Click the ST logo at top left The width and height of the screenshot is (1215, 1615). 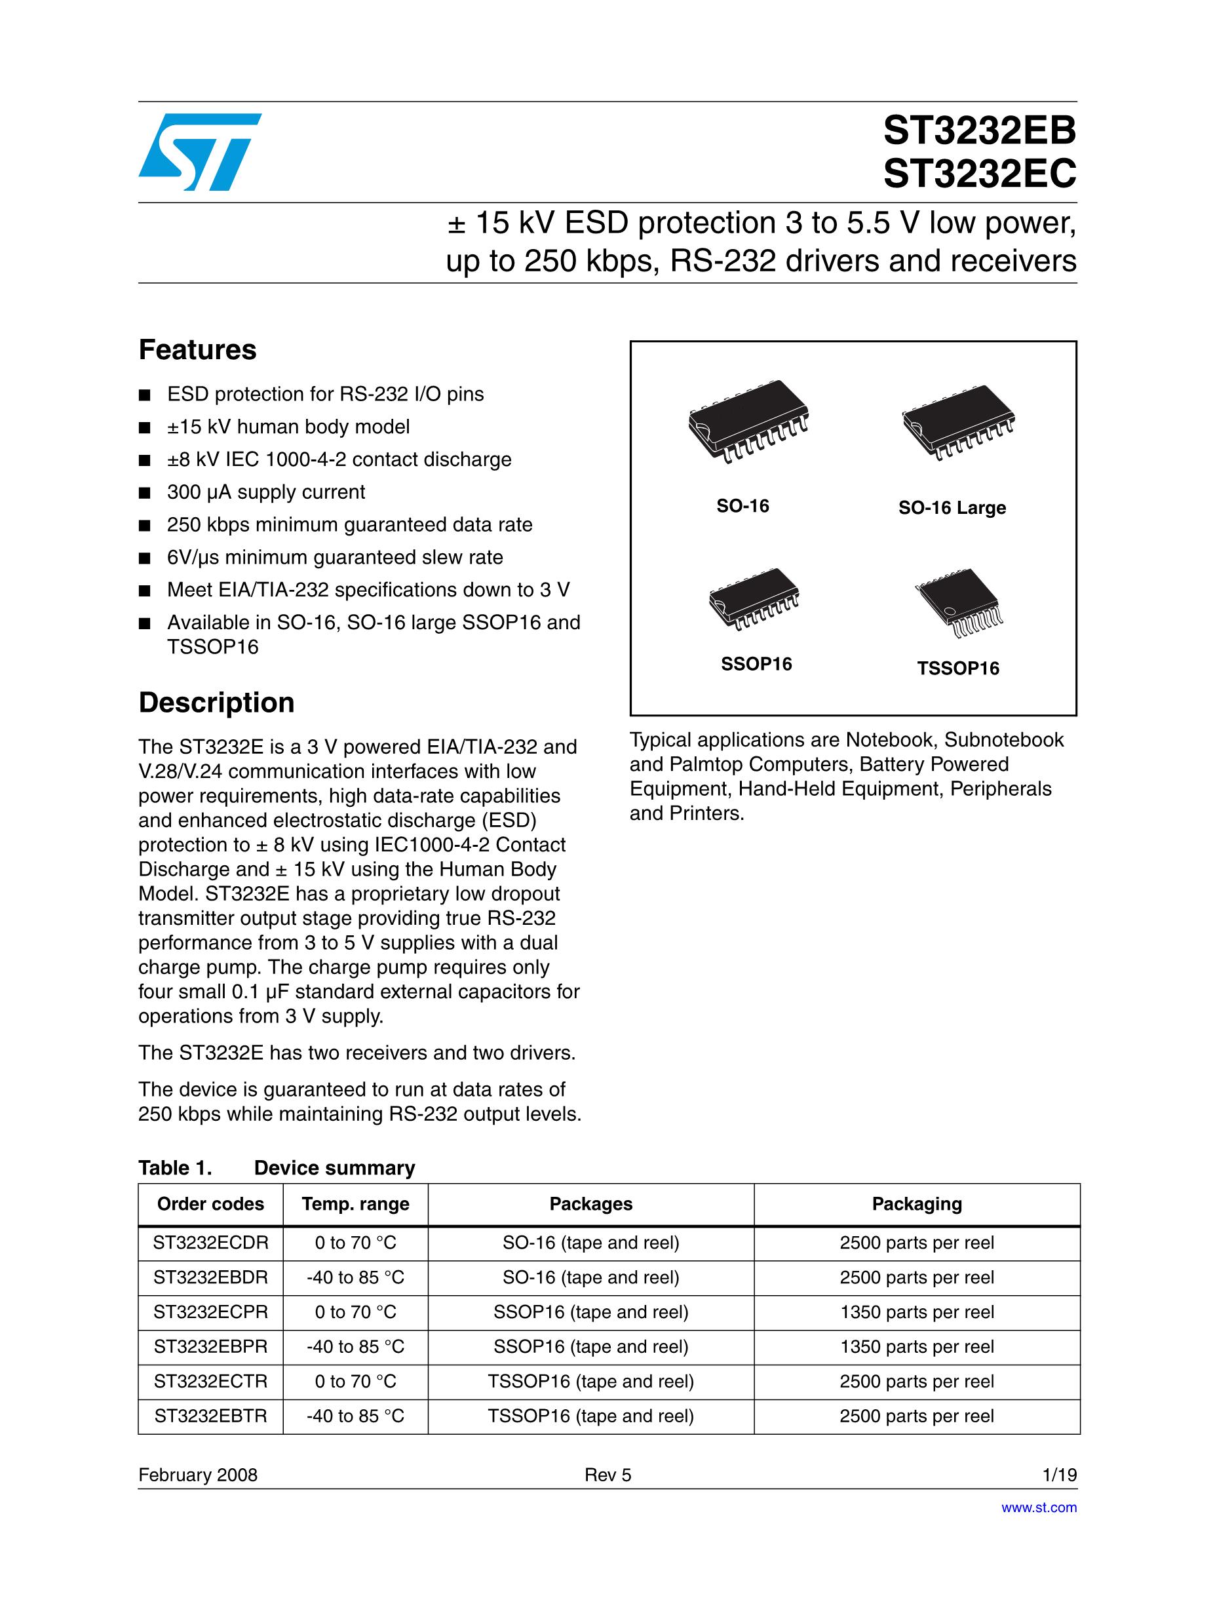pos(199,152)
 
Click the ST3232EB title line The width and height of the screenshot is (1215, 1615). pos(979,132)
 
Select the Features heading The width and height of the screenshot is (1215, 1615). pos(197,351)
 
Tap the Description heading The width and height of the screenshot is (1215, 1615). pos(216,703)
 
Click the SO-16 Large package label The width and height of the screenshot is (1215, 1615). pos(952,508)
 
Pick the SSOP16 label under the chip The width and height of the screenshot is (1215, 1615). pos(756,665)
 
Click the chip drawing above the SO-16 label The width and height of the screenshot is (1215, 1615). pos(750,422)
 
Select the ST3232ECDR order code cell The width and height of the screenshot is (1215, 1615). pos(210,1243)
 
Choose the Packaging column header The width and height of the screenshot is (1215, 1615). pos(916,1204)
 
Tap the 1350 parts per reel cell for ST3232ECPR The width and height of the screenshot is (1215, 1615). pos(916,1312)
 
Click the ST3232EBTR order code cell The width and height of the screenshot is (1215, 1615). pos(210,1416)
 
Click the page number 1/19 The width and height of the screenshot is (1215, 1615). pos(1060,1475)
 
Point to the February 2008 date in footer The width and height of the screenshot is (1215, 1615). pos(198,1475)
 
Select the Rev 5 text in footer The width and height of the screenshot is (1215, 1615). pos(607,1475)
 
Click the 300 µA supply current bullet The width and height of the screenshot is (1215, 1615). pos(266,493)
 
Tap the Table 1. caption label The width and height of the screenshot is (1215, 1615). pos(175,1168)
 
